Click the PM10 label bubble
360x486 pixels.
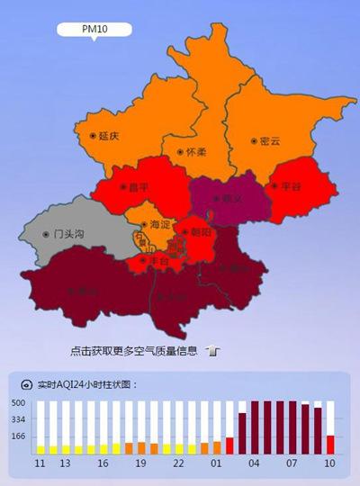94,30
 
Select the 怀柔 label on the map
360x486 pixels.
190,153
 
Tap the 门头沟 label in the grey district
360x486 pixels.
66,234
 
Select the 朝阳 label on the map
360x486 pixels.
202,231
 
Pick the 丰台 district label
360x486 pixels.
158,261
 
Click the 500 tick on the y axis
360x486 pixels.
18,403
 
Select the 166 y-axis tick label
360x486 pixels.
18,436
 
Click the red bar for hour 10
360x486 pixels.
330,445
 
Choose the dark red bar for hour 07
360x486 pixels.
292,428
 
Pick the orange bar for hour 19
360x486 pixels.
141,448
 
